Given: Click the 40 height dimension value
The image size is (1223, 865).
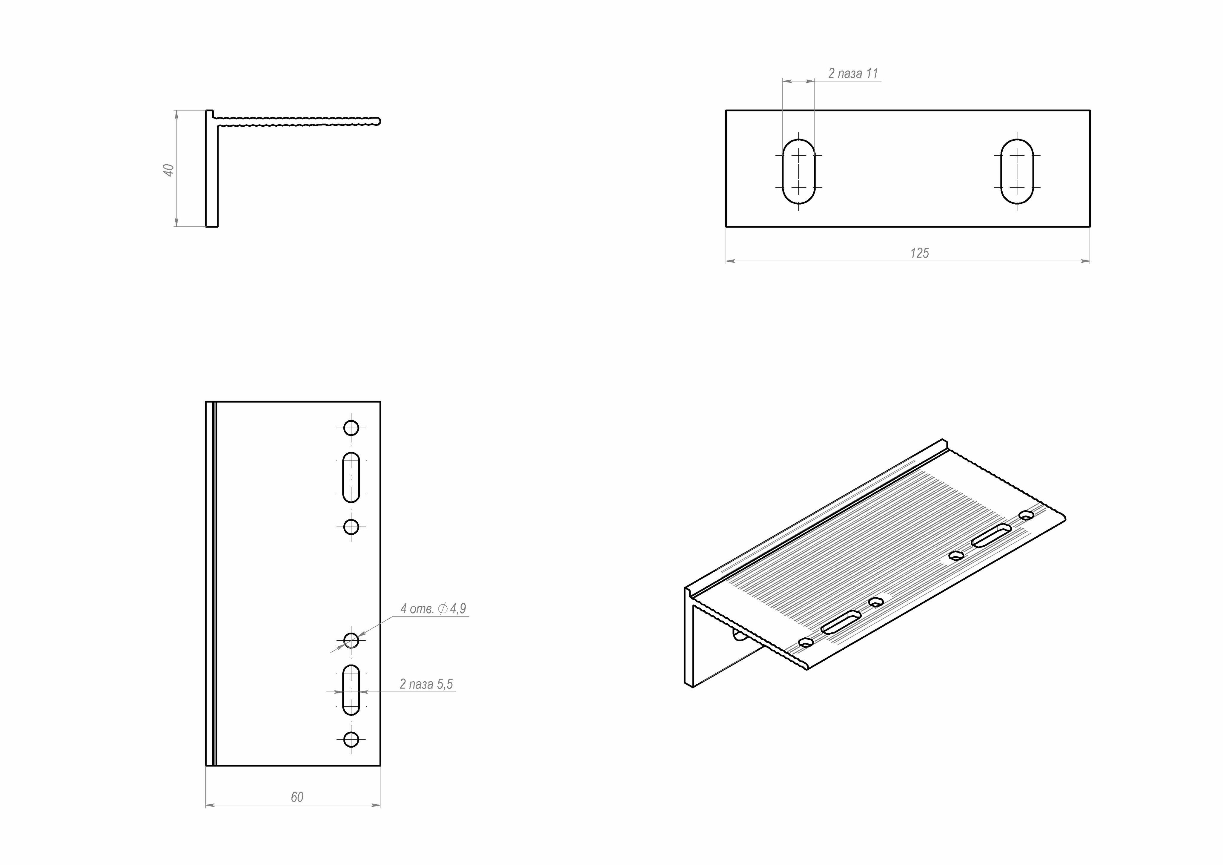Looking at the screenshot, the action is click(x=168, y=170).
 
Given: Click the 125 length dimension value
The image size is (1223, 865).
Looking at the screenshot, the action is click(x=919, y=253).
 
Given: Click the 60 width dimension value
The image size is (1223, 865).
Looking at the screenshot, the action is click(x=297, y=797).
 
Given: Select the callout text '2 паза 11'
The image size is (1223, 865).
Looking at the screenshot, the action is click(x=853, y=73).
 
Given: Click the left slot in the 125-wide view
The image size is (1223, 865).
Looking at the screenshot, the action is click(x=798, y=172).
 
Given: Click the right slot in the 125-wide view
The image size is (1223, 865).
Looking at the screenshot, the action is click(x=1017, y=172).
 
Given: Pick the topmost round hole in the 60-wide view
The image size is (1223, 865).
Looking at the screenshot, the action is click(x=351, y=427).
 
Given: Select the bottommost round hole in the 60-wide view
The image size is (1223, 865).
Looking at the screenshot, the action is click(x=351, y=739).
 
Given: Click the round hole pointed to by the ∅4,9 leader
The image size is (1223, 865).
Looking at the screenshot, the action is click(x=351, y=640).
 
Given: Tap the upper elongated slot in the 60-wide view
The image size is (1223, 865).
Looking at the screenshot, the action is click(x=351, y=478).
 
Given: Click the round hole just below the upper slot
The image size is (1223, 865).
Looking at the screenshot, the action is click(x=351, y=527).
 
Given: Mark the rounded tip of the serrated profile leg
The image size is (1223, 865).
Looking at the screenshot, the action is click(x=378, y=121).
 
